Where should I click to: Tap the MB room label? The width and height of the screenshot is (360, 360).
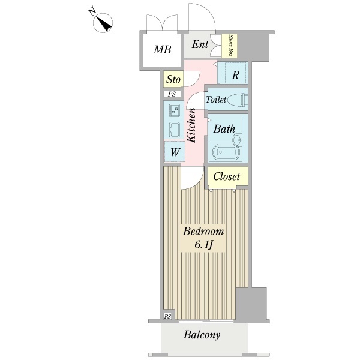[x=162, y=50]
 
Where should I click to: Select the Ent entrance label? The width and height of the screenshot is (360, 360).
[x=200, y=45]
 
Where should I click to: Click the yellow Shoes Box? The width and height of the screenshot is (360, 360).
[x=230, y=45]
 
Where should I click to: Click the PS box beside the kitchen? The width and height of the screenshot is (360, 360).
[x=172, y=94]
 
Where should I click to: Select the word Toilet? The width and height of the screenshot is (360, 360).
[x=216, y=100]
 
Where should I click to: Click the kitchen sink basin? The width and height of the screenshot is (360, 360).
[x=175, y=130]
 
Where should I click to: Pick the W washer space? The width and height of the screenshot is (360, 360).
[x=175, y=152]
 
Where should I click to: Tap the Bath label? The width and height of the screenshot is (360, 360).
[x=224, y=128]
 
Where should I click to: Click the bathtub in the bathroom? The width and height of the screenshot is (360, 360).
[x=226, y=152]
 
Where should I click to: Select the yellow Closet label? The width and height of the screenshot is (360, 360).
[x=227, y=176]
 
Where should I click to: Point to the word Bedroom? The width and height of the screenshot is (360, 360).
[x=203, y=232]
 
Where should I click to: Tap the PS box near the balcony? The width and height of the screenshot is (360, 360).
[x=167, y=316]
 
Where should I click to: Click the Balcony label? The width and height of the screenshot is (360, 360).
[x=202, y=335]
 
